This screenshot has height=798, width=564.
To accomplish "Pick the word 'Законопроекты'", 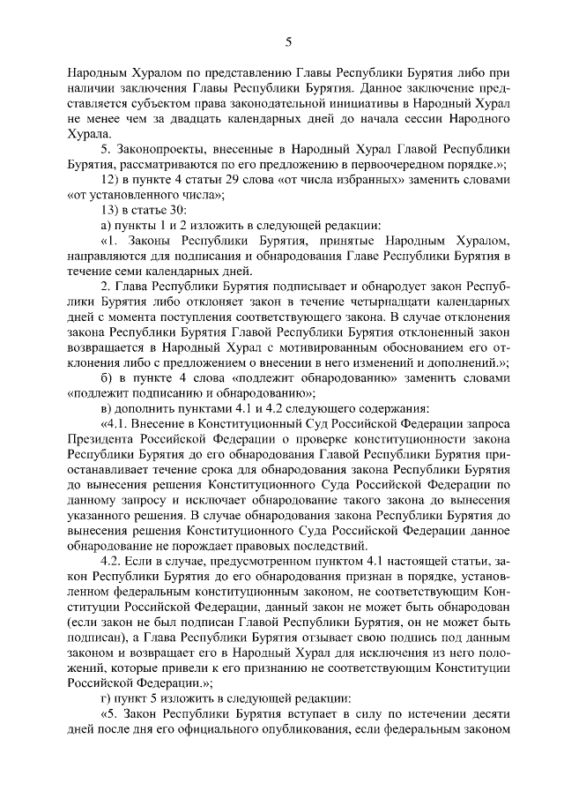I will [x=162, y=149].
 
